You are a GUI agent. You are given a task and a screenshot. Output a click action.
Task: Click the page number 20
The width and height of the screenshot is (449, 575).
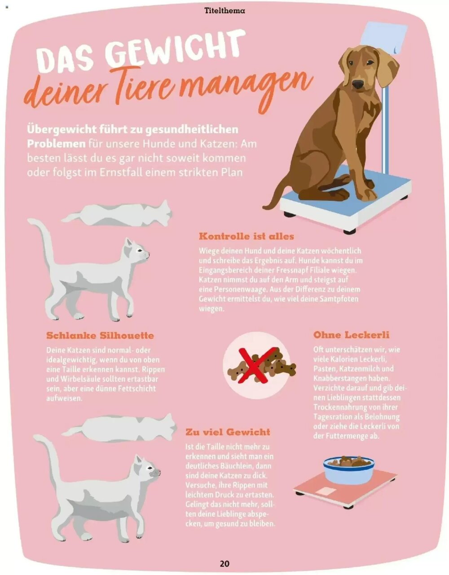tap(224, 563)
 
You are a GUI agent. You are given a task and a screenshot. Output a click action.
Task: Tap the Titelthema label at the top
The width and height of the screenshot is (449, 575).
tap(224, 10)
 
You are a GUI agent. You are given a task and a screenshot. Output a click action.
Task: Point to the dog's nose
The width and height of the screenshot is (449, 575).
tap(357, 84)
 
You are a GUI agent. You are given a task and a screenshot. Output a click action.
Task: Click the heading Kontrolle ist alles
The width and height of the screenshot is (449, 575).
tap(246, 236)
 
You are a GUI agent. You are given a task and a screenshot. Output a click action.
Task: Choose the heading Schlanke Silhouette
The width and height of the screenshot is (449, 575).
tap(100, 336)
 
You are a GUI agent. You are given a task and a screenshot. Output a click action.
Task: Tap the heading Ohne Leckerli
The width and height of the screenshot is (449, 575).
tap(351, 335)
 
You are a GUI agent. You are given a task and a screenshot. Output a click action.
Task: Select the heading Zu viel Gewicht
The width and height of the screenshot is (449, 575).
tap(228, 432)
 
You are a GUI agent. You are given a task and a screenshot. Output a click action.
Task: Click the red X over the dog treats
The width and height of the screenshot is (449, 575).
tap(256, 365)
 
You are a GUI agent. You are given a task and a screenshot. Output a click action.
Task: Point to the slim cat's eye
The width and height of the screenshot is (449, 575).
tap(140, 250)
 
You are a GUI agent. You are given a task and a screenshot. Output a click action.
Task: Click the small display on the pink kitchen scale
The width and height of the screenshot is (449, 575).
tap(328, 491)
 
